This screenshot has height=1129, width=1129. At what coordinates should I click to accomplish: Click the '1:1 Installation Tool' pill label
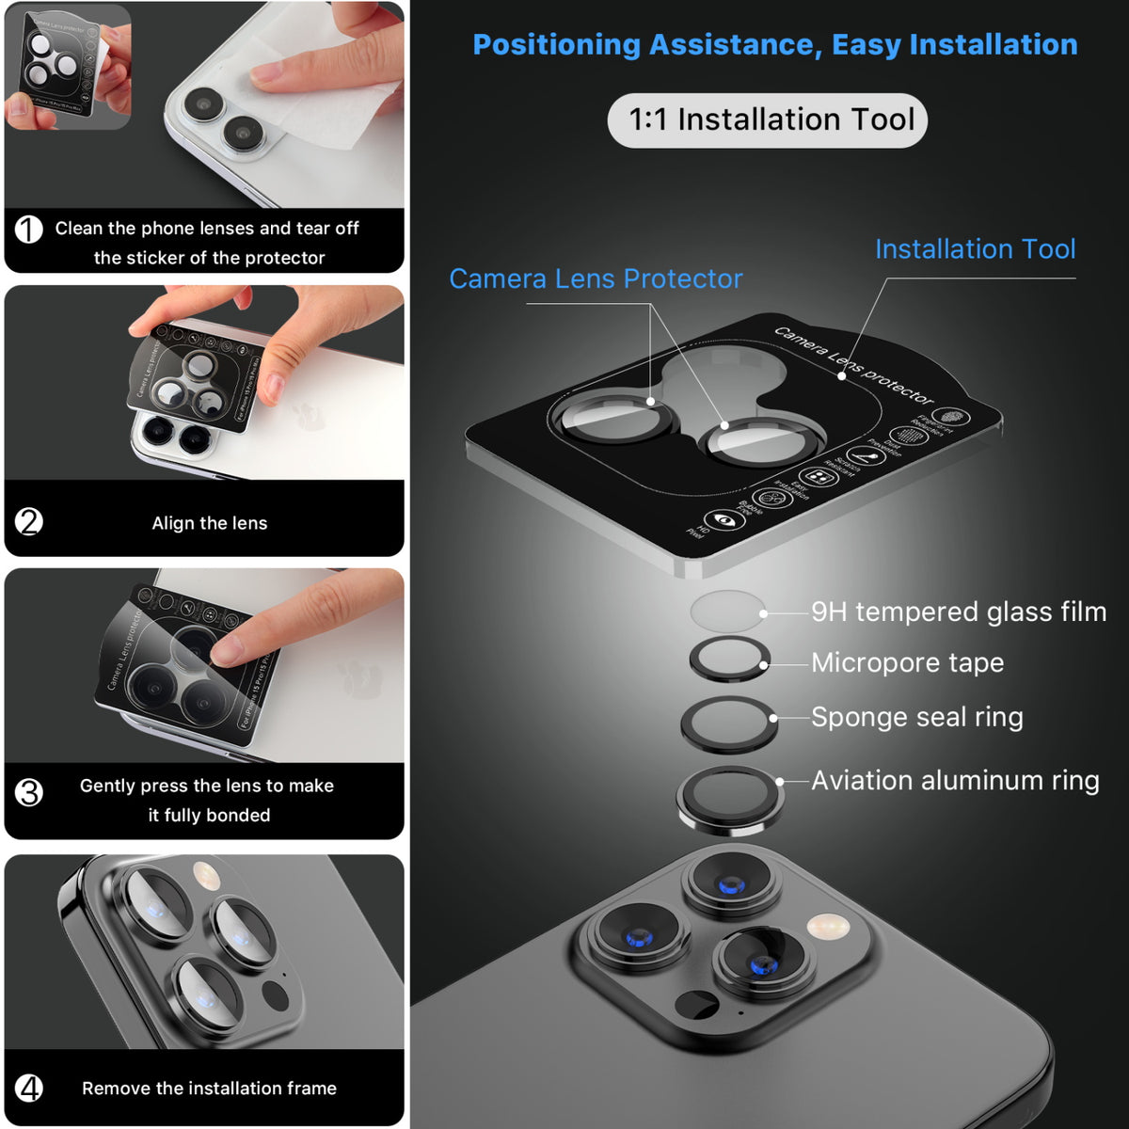tap(768, 120)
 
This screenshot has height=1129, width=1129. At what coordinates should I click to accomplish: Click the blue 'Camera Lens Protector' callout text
tap(596, 279)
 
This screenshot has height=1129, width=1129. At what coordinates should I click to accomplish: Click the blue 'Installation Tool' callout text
tap(975, 249)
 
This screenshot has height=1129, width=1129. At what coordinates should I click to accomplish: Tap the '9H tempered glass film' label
tap(958, 612)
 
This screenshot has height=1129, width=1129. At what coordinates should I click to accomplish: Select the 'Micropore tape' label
tap(907, 663)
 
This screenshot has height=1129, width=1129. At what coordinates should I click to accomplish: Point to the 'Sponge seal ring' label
tap(916, 718)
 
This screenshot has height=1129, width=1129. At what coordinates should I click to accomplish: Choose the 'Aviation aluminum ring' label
tap(954, 781)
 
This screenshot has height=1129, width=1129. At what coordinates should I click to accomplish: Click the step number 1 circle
tap(29, 229)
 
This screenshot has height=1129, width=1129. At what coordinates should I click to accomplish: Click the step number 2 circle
tap(29, 521)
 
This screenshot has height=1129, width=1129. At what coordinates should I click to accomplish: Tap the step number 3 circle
tap(29, 792)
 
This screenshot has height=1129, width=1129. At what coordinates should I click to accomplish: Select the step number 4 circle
tap(29, 1088)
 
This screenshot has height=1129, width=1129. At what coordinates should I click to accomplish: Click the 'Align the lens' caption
tap(210, 524)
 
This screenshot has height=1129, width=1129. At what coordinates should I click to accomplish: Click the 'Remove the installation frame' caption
tap(209, 1089)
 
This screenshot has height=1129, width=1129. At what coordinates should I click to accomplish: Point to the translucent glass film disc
tap(726, 612)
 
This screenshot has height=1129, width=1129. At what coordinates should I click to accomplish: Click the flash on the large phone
tap(828, 927)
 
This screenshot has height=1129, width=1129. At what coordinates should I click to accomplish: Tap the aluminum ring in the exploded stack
tap(729, 798)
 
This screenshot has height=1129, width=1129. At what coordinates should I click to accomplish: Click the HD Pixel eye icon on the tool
tap(723, 519)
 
